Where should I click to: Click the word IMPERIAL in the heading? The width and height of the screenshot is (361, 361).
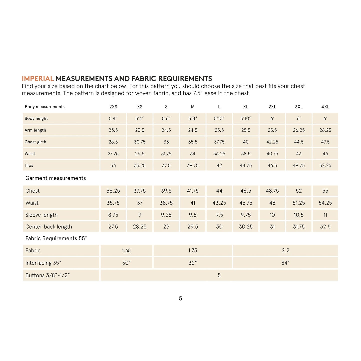(38, 79)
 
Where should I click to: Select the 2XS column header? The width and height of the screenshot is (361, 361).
(113, 107)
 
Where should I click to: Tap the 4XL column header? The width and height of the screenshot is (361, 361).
(325, 107)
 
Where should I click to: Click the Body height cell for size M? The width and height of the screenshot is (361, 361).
(193, 118)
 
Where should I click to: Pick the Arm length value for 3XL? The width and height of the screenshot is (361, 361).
(299, 130)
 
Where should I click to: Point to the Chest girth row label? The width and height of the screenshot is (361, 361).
(35, 142)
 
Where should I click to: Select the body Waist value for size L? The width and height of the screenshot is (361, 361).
(219, 154)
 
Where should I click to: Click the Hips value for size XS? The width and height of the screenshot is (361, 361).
(140, 165)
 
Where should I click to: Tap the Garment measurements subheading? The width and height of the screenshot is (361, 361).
(55, 178)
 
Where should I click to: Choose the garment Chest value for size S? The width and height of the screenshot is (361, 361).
(166, 191)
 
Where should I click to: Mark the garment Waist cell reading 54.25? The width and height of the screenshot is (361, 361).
(325, 203)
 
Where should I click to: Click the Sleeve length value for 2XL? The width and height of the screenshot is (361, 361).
(272, 215)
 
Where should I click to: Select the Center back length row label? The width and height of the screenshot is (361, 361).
(49, 227)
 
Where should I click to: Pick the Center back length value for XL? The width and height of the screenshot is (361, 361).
(246, 227)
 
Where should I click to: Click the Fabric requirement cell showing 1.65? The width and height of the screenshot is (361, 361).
(126, 250)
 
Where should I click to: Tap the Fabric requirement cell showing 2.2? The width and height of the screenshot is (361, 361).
(286, 250)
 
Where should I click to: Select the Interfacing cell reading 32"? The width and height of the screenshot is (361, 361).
(193, 263)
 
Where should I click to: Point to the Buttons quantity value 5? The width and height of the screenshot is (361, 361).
(219, 275)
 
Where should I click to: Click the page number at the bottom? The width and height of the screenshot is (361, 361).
(180, 298)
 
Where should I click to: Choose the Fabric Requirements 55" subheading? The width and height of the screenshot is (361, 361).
(56, 238)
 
